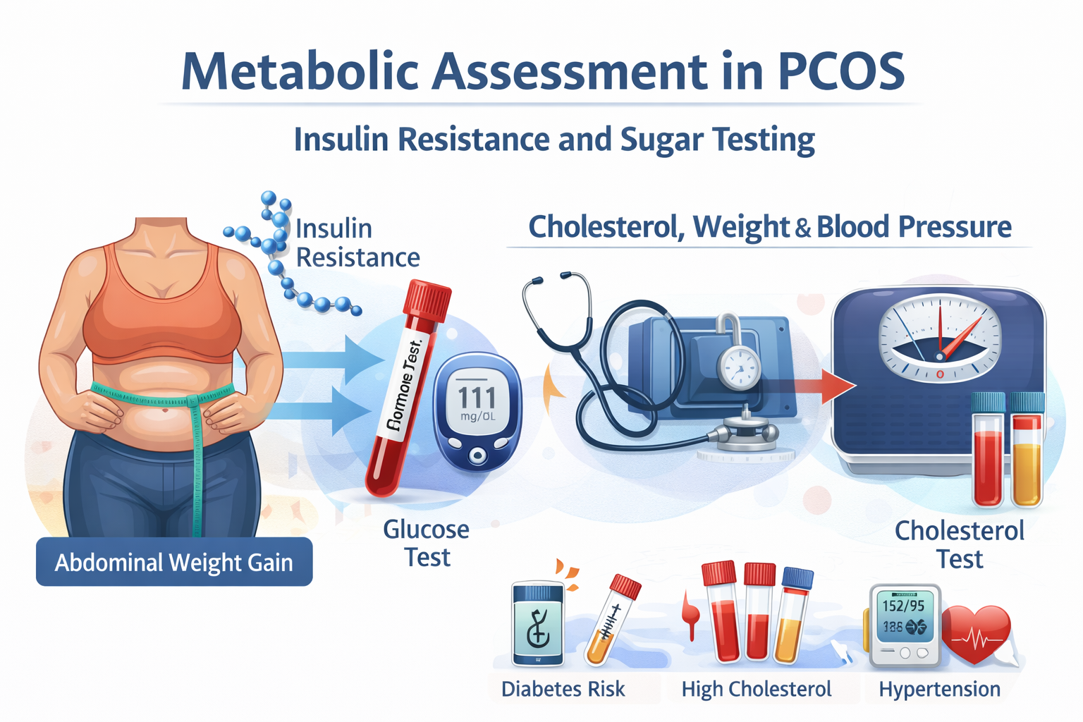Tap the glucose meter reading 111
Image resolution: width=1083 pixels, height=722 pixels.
pyautogui.click(x=477, y=398)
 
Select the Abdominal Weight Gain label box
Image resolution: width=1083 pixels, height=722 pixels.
pyautogui.click(x=174, y=562)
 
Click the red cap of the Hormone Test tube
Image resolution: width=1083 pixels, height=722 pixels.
pyautogui.click(x=427, y=299)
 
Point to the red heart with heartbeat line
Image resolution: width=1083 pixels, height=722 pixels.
pyautogui.click(x=976, y=633)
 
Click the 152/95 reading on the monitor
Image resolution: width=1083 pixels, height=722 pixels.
pyautogui.click(x=903, y=605)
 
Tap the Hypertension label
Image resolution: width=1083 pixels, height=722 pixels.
pyautogui.click(x=939, y=689)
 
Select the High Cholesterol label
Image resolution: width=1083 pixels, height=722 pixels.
pyautogui.click(x=756, y=689)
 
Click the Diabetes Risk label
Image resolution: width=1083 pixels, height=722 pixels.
pyautogui.click(x=563, y=689)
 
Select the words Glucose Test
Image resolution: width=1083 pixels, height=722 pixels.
pyautogui.click(x=427, y=543)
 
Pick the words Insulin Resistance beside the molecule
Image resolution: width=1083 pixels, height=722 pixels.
pyautogui.click(x=357, y=243)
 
